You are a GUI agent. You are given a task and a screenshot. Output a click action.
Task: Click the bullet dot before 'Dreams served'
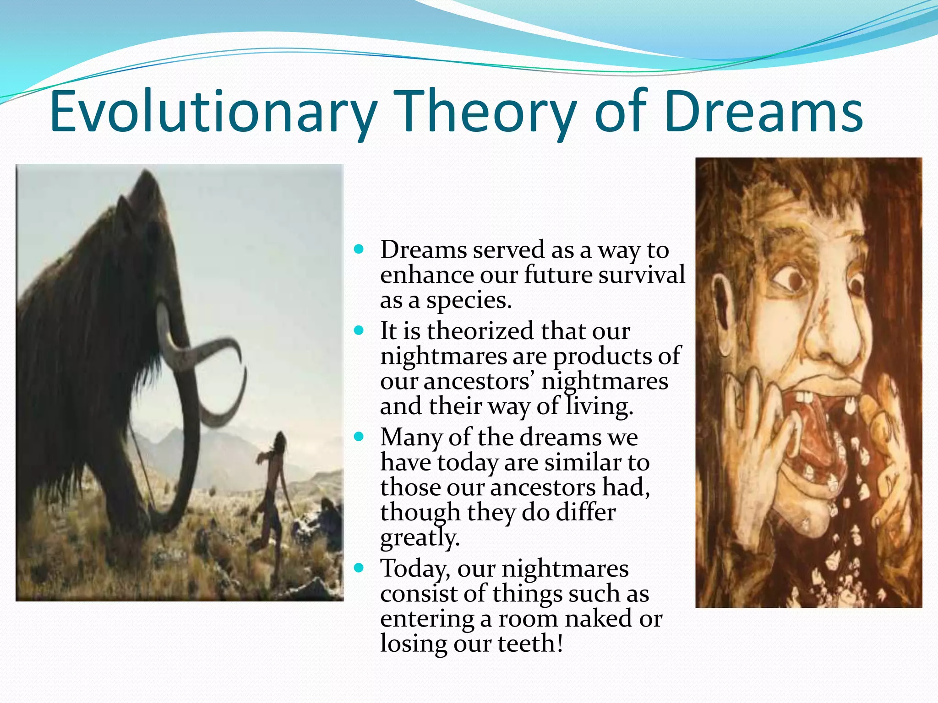pyautogui.click(x=359, y=249)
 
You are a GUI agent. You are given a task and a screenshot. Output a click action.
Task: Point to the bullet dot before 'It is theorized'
pyautogui.click(x=359, y=330)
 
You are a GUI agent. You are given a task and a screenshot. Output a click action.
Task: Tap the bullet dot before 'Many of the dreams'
pyautogui.click(x=359, y=436)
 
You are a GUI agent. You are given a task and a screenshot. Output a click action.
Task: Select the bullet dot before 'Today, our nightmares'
pyautogui.click(x=359, y=568)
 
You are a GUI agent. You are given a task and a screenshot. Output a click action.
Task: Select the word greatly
pyautogui.click(x=420, y=537)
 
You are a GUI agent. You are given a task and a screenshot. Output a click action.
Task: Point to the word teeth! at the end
pyautogui.click(x=530, y=644)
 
